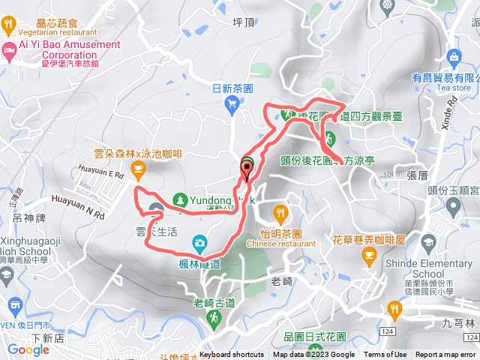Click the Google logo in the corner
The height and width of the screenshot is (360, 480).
pos(28,349)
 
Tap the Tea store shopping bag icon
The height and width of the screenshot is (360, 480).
pos(453,57)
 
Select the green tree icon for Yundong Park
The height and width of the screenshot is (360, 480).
pos(179,199)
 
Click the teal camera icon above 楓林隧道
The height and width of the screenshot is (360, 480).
pos(199,242)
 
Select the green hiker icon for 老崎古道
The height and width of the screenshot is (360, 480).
pos(214,320)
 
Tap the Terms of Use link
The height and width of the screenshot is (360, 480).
pos(385,355)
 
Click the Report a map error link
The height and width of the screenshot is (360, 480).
pos(445,355)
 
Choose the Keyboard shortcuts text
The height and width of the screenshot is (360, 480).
pos(232,355)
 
